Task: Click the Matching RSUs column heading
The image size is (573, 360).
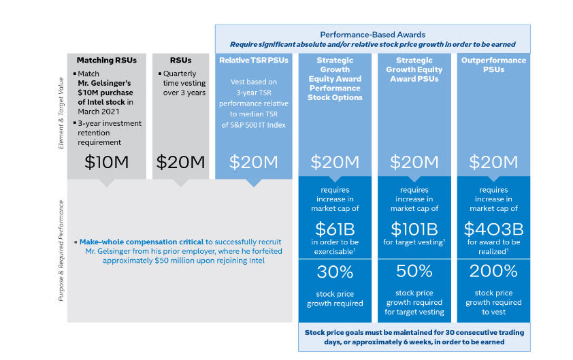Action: pos(106,61)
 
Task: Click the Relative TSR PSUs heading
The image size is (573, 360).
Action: pos(253,61)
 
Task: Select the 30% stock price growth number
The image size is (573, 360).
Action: pos(335,272)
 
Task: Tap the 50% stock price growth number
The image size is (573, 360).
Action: pos(414,272)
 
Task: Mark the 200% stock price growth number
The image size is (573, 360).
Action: pos(494,272)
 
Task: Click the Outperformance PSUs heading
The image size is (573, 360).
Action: pos(494,65)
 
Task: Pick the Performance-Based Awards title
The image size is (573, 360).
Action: pos(372,34)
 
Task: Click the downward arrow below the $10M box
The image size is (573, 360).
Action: pos(105,182)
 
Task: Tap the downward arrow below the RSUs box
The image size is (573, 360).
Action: pos(180,182)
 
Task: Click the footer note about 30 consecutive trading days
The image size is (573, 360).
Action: pos(414,338)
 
